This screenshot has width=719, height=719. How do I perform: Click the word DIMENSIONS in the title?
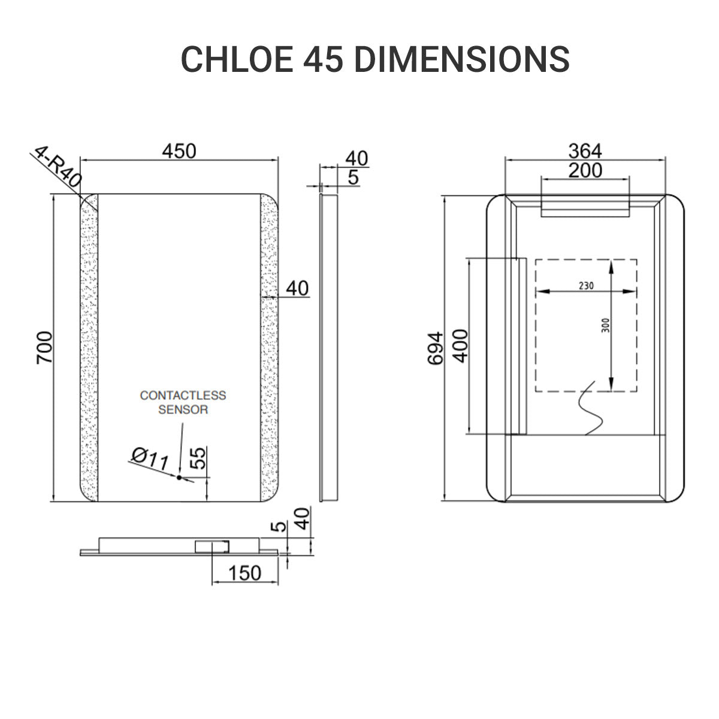click(x=461, y=59)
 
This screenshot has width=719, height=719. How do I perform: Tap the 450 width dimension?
click(x=179, y=151)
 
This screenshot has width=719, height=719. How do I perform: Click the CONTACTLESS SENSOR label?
click(x=183, y=403)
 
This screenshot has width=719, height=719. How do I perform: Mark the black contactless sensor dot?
click(x=179, y=478)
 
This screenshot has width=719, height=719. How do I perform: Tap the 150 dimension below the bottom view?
click(x=245, y=573)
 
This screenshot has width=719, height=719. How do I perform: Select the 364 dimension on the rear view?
click(x=585, y=151)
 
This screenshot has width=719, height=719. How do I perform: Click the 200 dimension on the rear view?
click(x=585, y=170)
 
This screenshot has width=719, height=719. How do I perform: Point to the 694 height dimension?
click(x=436, y=348)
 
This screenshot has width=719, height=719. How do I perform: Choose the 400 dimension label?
click(x=460, y=345)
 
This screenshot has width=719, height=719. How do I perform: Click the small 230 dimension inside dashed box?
click(x=586, y=286)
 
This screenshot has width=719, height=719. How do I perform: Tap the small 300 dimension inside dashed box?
click(x=605, y=325)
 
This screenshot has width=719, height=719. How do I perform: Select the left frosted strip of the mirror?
click(x=89, y=348)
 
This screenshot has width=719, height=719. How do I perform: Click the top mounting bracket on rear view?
click(x=585, y=207)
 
